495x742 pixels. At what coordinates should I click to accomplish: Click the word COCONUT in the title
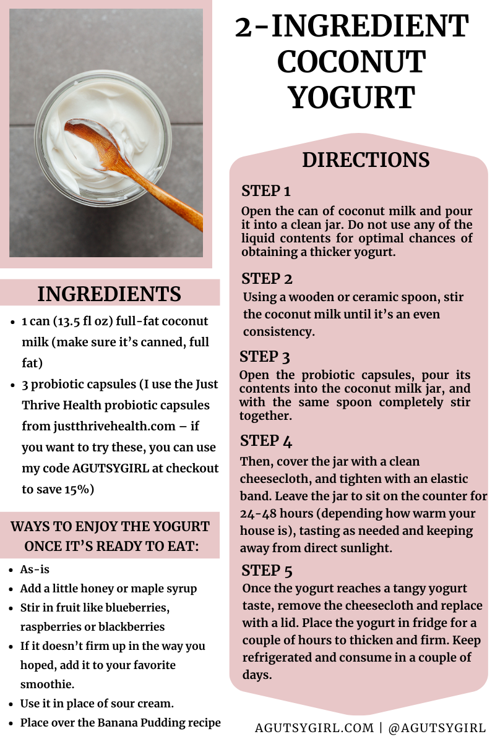[x=351, y=62]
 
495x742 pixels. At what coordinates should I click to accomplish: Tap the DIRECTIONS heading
[x=366, y=160]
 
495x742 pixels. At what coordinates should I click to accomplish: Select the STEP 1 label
[x=266, y=191]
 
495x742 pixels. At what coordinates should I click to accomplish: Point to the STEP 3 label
[x=265, y=357]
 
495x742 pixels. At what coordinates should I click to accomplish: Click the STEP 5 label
[x=267, y=570]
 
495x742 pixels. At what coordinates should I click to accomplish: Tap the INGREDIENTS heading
[x=109, y=294]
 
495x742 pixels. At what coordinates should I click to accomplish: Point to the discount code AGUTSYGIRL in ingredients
[x=110, y=468]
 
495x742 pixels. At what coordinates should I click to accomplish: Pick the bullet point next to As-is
[x=11, y=569]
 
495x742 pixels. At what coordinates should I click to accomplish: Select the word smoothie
[x=47, y=684]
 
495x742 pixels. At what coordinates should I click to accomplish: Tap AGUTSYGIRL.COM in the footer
[x=314, y=727]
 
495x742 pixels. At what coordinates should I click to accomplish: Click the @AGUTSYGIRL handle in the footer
[x=437, y=727]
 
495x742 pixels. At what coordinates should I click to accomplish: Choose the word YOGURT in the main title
[x=351, y=97]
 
